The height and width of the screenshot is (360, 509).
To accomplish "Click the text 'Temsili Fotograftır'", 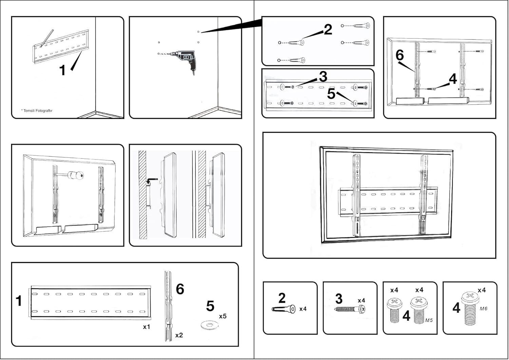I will click(38, 111).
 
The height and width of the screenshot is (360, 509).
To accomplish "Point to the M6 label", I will click(484, 308).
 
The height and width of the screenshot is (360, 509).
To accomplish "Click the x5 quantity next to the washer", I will click(223, 316).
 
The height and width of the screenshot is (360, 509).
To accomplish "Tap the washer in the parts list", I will click(208, 326).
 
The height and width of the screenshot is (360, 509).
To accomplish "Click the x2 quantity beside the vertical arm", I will click(179, 335).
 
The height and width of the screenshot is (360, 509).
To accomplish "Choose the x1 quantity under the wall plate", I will click(146, 327).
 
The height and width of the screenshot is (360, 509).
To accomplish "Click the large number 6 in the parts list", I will click(180, 289).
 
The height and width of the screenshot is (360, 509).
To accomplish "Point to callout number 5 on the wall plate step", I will click(331, 94).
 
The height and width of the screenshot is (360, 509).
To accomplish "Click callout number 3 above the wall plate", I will click(323, 77).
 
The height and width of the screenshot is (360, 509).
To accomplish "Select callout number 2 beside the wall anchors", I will click(328, 30).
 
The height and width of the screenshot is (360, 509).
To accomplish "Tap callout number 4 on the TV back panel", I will click(453, 79).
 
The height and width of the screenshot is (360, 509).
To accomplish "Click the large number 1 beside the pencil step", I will click(62, 70).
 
